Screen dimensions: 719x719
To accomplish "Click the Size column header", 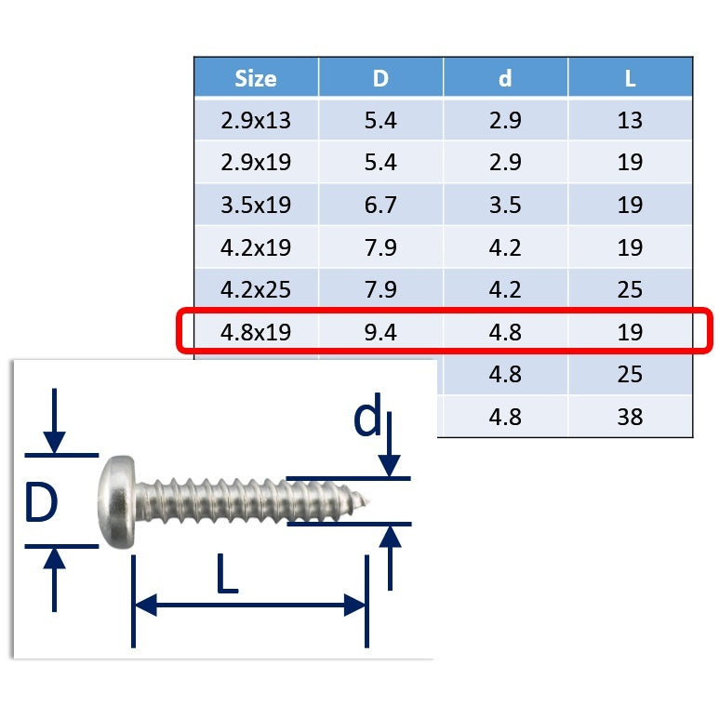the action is point(256,78).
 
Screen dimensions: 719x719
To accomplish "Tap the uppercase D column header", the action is point(380,78).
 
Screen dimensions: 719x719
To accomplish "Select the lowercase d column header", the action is point(505,78).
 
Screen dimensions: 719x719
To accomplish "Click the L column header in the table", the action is point(630,78).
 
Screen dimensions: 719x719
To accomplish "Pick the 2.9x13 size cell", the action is point(256,120).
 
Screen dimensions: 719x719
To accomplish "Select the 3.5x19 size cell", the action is point(256,205).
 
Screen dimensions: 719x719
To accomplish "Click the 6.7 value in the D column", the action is point(380,205).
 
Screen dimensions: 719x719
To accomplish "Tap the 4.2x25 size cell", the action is point(256,290).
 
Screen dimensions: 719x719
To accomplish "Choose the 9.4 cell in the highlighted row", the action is point(380,332).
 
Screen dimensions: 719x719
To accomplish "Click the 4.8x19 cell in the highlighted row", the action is point(256,332).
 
